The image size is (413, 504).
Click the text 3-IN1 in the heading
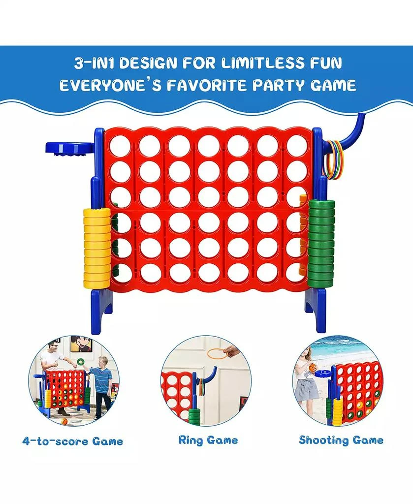93,63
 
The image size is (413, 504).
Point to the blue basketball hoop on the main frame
69,149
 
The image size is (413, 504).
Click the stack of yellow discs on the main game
97,248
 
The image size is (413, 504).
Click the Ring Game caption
208,441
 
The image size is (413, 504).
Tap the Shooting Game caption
341,440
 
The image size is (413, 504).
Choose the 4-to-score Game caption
73,441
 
